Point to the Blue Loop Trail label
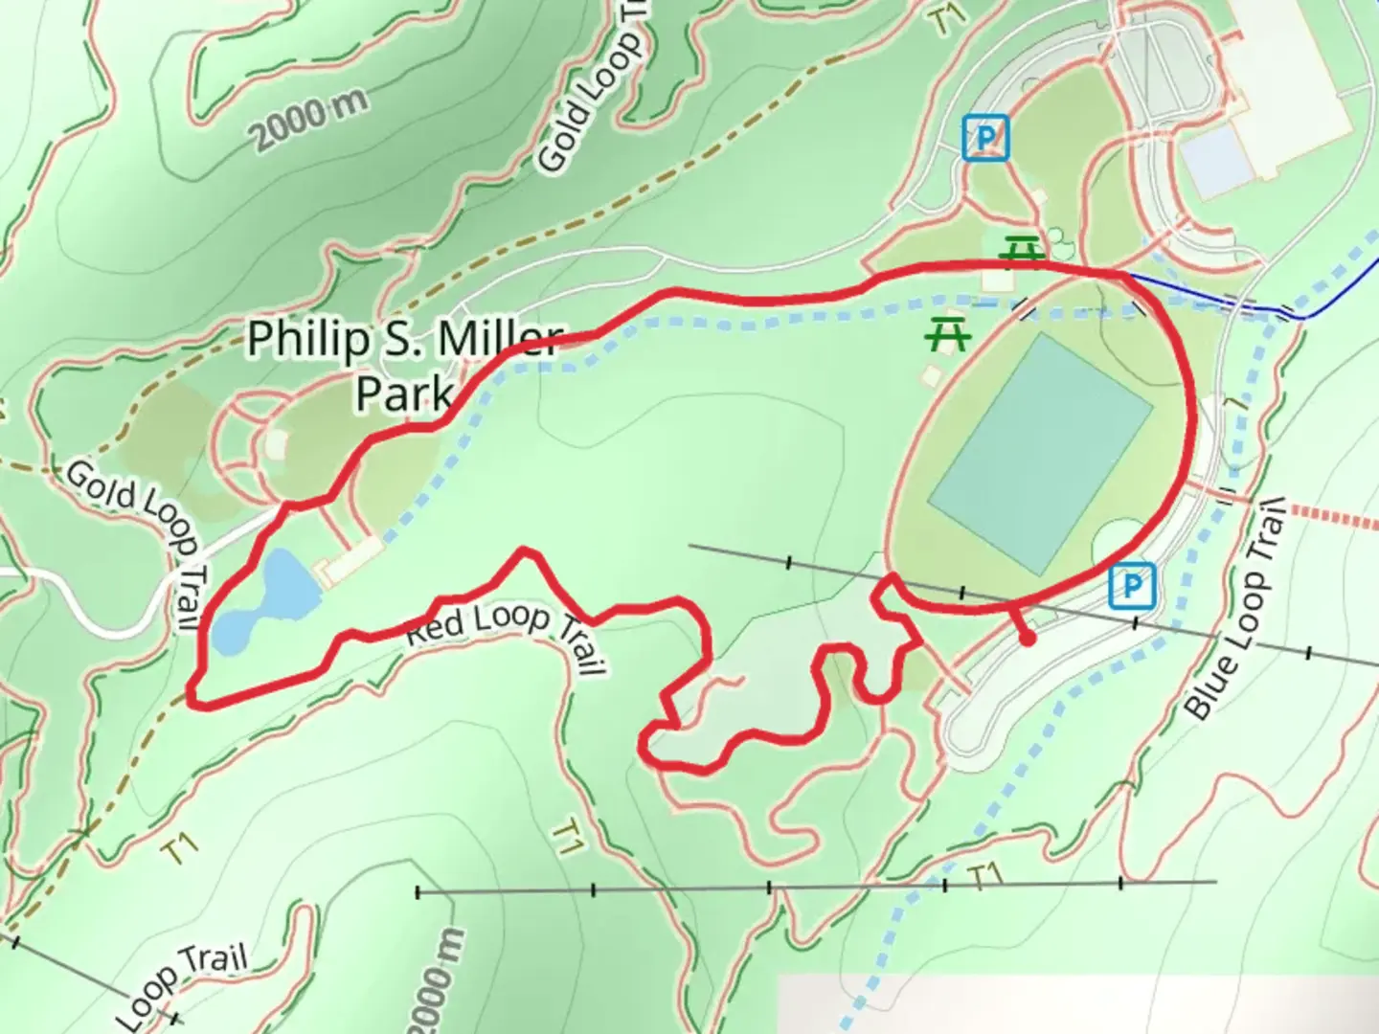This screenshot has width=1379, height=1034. [1235, 609]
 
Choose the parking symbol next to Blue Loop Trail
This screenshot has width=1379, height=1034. [1133, 586]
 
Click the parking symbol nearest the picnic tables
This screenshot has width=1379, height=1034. [986, 138]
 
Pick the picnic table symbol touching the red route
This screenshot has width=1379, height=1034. [1022, 252]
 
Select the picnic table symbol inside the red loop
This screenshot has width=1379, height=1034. [948, 335]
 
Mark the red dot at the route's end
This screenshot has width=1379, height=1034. [1027, 638]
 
